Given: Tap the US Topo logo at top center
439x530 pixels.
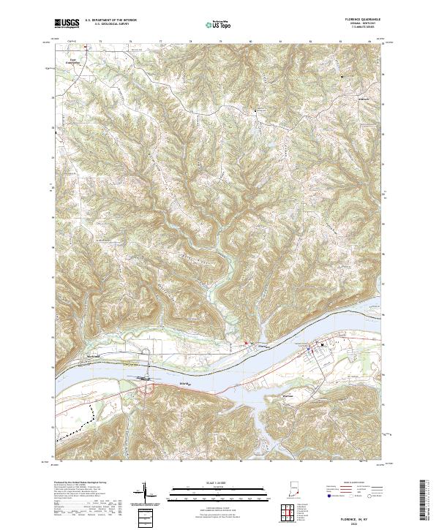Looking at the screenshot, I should (219, 25).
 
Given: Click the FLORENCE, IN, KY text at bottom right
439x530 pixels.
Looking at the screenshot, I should (363, 517).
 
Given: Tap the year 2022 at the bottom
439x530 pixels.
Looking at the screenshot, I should (363, 523).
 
